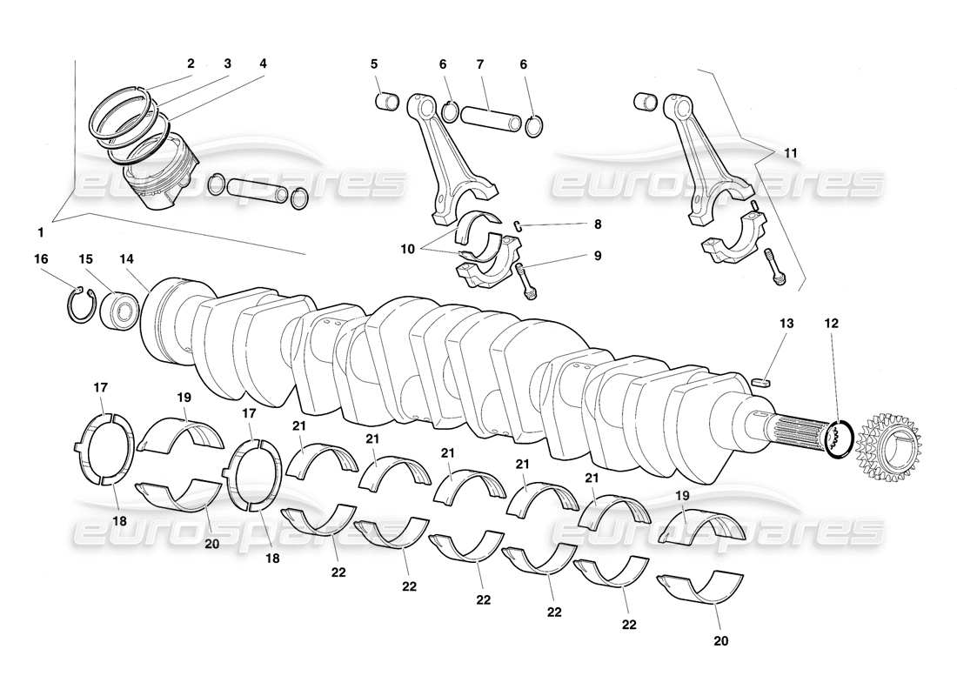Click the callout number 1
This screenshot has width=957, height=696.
[40, 232]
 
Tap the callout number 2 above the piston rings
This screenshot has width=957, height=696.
[191, 64]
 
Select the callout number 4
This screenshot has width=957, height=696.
[263, 64]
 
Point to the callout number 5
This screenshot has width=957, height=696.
[374, 64]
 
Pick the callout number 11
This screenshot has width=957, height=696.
[790, 152]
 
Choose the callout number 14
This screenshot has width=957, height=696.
[128, 259]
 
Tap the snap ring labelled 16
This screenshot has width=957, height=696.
[80, 303]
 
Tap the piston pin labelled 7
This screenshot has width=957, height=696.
[491, 115]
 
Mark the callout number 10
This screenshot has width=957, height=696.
[407, 249]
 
